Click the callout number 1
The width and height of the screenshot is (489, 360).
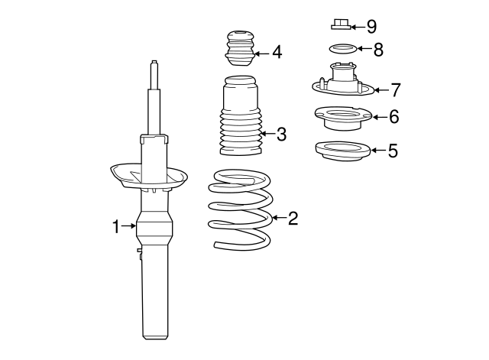[x=115, y=226]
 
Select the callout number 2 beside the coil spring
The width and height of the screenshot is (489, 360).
[x=293, y=218]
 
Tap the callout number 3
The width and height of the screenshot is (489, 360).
[x=281, y=135]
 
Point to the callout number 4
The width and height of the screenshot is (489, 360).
[x=277, y=52]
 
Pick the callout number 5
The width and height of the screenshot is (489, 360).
[x=393, y=151]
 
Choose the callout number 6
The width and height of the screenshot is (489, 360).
[x=394, y=117]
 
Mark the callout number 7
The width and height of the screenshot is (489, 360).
[x=396, y=90]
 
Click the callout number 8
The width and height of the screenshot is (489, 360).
[x=378, y=50]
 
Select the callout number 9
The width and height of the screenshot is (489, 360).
[x=371, y=27]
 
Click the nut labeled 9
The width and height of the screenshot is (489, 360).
[x=341, y=24]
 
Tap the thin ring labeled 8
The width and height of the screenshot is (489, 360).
[x=343, y=46]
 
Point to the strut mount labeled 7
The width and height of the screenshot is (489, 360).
[x=343, y=83]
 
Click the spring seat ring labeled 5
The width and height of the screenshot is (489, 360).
[x=343, y=151]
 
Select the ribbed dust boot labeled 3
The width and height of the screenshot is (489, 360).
[x=240, y=115]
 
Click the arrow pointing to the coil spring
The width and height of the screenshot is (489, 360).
[x=279, y=218]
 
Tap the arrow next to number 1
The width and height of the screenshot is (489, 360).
[x=129, y=225]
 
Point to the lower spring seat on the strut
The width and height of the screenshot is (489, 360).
[x=149, y=177]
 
